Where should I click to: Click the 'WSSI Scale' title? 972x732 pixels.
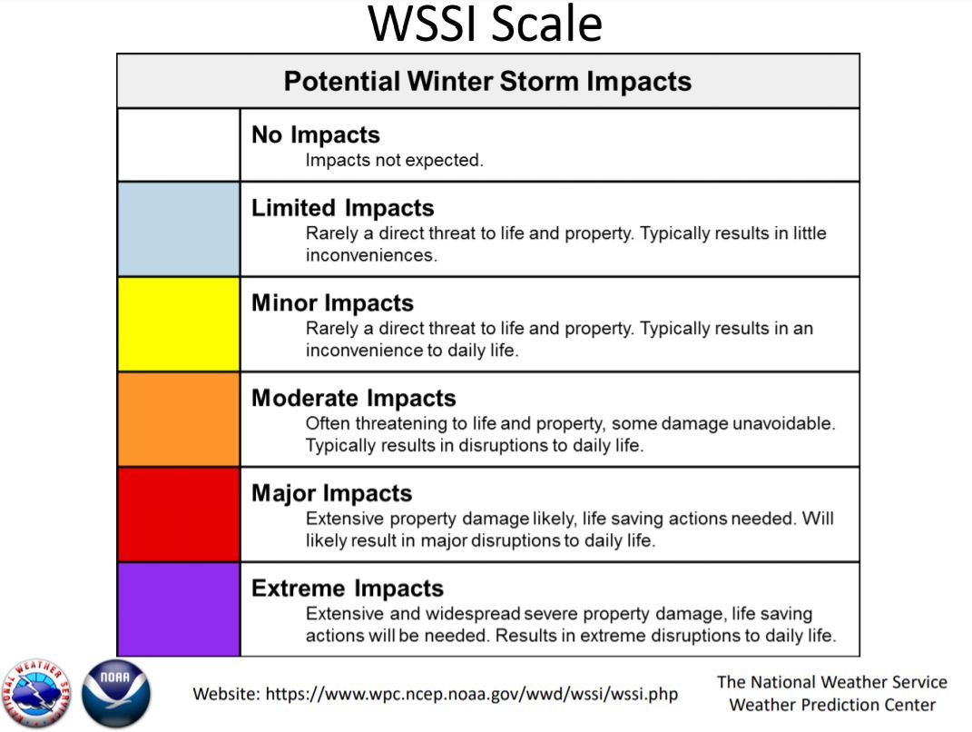pyautogui.click(x=485, y=24)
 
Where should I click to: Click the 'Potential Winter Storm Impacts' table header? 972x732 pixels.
pyautogui.click(x=488, y=81)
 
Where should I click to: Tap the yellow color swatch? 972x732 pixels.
pyautogui.click(x=179, y=324)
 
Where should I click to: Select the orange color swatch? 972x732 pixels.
pyautogui.click(x=179, y=420)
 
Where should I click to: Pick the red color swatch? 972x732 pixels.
pyautogui.click(x=179, y=514)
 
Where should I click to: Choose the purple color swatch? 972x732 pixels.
pyautogui.click(x=179, y=609)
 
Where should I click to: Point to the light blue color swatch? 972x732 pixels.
pyautogui.click(x=179, y=229)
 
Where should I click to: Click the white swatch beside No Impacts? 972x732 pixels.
pyautogui.click(x=179, y=145)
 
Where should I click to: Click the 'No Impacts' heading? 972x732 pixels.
pyautogui.click(x=316, y=135)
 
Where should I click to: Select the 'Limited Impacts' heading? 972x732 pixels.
pyautogui.click(x=343, y=208)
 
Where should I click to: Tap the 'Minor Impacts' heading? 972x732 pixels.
pyautogui.click(x=332, y=302)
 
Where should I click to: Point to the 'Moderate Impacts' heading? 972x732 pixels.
pyautogui.click(x=353, y=398)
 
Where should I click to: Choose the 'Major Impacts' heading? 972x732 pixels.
pyautogui.click(x=331, y=493)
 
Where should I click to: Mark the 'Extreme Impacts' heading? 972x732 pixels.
pyautogui.click(x=348, y=589)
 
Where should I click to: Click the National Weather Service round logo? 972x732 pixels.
pyautogui.click(x=37, y=694)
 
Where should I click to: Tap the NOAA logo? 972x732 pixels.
pyautogui.click(x=116, y=694)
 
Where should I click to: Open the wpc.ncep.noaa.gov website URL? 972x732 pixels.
pyautogui.click(x=472, y=694)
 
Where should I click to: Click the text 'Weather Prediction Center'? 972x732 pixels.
pyautogui.click(x=832, y=705)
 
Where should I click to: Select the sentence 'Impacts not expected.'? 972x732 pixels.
pyautogui.click(x=394, y=160)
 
